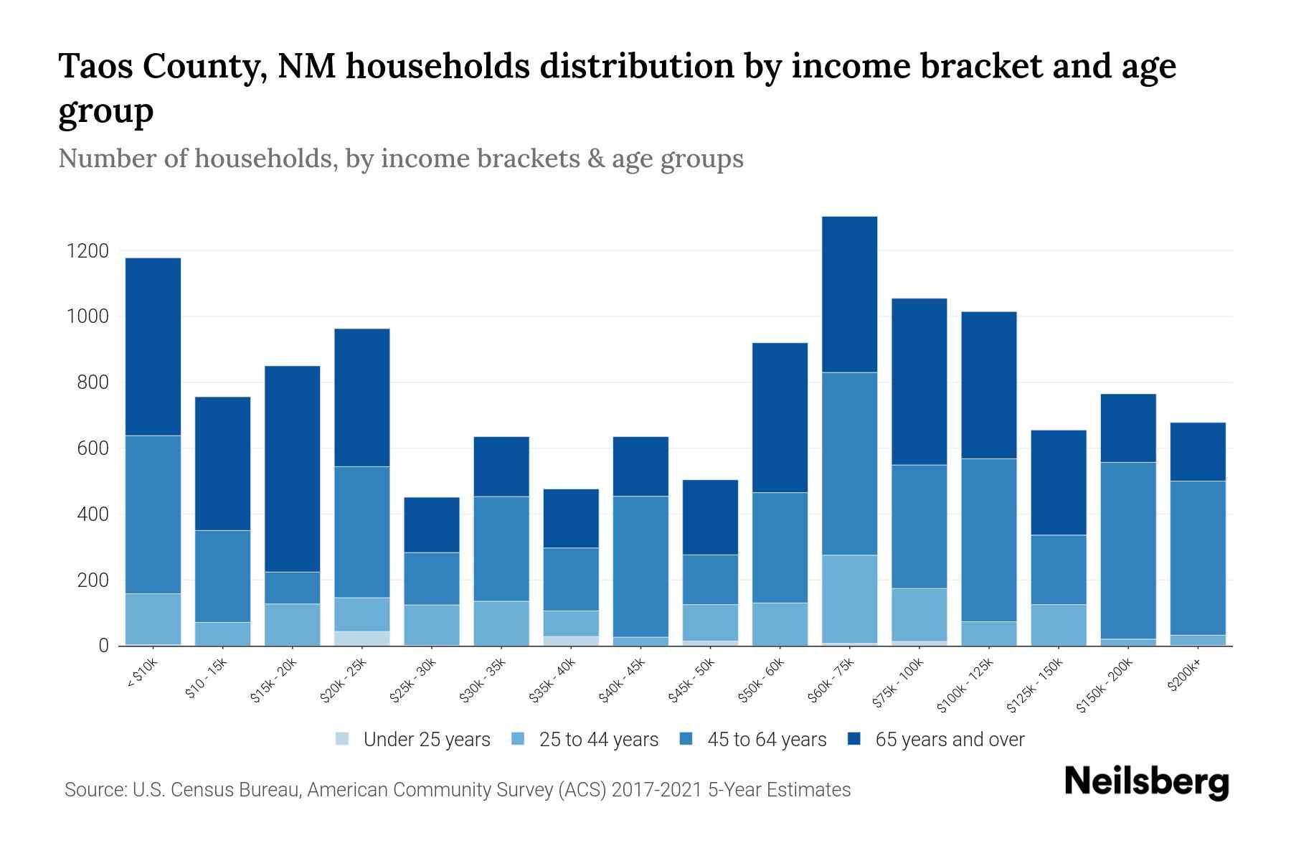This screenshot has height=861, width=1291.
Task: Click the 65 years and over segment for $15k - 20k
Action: click(x=292, y=469)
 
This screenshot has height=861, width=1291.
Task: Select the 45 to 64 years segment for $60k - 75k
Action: click(x=849, y=464)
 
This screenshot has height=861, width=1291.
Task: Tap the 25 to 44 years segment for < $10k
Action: click(x=153, y=618)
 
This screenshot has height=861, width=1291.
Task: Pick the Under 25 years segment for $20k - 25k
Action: click(x=361, y=638)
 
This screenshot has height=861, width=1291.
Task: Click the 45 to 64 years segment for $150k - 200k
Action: click(x=1128, y=550)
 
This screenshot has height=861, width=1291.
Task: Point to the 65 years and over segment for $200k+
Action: click(x=1198, y=451)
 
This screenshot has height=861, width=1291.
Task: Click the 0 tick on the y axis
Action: click(x=103, y=646)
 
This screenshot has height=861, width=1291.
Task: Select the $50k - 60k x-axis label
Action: click(x=762, y=682)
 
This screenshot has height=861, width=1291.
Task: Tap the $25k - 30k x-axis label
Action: click(x=412, y=682)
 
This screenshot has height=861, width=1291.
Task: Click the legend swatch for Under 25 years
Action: click(x=343, y=739)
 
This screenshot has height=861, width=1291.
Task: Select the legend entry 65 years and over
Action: click(x=950, y=740)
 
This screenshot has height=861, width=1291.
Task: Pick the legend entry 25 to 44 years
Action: click(x=598, y=740)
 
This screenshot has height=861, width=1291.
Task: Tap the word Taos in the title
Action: click(x=94, y=67)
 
